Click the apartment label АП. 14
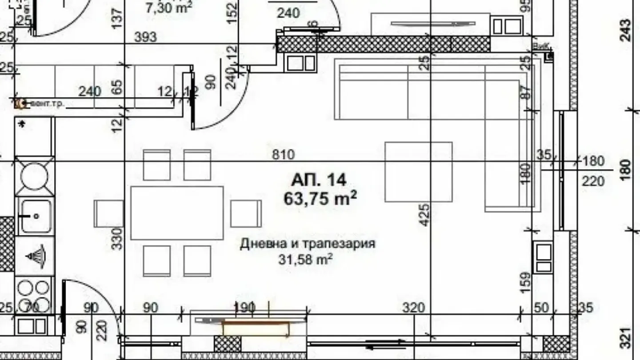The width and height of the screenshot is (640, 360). [319, 180]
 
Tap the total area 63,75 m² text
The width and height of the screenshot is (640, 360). [320, 198]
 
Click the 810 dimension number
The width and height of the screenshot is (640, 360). [283, 155]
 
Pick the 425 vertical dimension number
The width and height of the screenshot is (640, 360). [425, 215]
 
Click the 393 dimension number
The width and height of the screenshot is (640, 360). [145, 37]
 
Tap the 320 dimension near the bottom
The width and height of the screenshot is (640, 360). [414, 307]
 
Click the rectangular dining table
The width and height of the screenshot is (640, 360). [177, 213]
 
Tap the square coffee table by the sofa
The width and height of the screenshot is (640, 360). [418, 172]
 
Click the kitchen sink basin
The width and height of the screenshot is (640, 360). [35, 216]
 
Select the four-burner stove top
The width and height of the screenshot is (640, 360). [34, 293]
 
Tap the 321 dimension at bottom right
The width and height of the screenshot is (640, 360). [625, 339]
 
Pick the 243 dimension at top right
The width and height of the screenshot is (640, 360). [625, 30]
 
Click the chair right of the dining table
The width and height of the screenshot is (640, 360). [245, 213]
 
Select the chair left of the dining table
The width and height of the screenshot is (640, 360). [108, 213]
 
